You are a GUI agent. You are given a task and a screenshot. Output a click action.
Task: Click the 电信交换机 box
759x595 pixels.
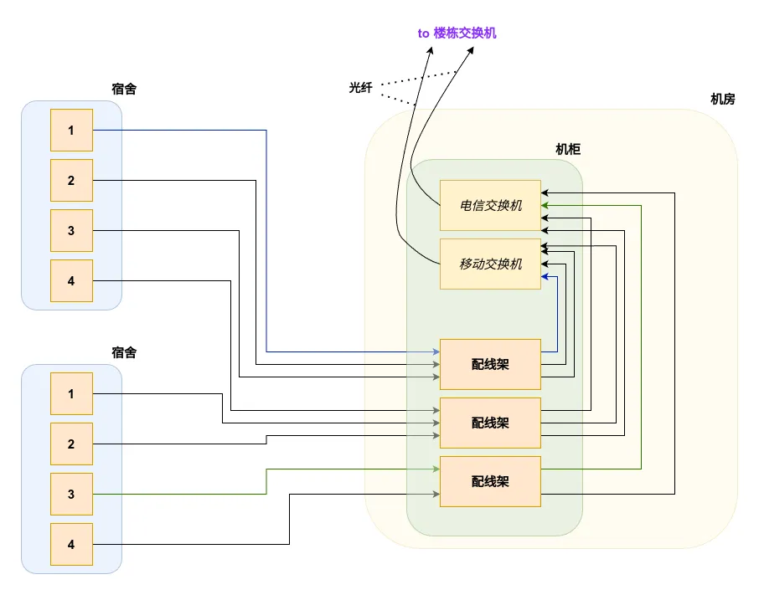coord(490,205)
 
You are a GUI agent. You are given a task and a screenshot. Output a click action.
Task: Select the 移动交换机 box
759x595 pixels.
coord(490,264)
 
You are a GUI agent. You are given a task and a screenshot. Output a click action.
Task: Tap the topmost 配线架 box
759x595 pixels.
coord(490,364)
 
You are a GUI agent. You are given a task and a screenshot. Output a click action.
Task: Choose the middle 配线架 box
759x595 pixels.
coord(490,423)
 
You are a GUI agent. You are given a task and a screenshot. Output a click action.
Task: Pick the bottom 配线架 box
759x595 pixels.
coord(490,481)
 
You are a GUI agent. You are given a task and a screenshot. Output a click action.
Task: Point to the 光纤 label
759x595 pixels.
coord(361,87)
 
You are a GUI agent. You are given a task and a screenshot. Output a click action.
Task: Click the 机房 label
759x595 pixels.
coord(722,99)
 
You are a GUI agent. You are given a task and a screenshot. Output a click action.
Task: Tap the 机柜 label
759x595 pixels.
coord(568,149)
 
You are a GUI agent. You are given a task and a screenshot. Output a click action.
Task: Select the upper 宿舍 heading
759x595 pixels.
coord(123,89)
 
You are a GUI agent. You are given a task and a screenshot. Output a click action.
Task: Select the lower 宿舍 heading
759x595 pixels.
coord(123,352)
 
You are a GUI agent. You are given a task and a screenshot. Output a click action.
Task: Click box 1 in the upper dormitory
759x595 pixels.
coord(71,131)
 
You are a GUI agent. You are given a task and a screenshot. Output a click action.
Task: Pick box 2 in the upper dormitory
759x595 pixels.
coord(71,181)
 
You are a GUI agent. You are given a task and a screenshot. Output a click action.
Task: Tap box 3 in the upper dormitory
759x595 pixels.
coord(71,231)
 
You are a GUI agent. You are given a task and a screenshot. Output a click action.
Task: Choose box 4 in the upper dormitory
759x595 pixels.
coord(71,281)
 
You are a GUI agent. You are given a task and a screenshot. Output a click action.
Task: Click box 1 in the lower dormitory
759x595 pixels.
coord(71,394)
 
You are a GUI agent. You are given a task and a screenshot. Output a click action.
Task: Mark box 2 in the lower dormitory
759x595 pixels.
coord(71,444)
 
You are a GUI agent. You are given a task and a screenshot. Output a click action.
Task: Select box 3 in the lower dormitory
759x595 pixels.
coord(71,495)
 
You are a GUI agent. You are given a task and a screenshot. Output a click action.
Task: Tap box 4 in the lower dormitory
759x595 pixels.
coord(71,545)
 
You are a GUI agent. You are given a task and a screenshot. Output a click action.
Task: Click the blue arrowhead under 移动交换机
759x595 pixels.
coord(545,276)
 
